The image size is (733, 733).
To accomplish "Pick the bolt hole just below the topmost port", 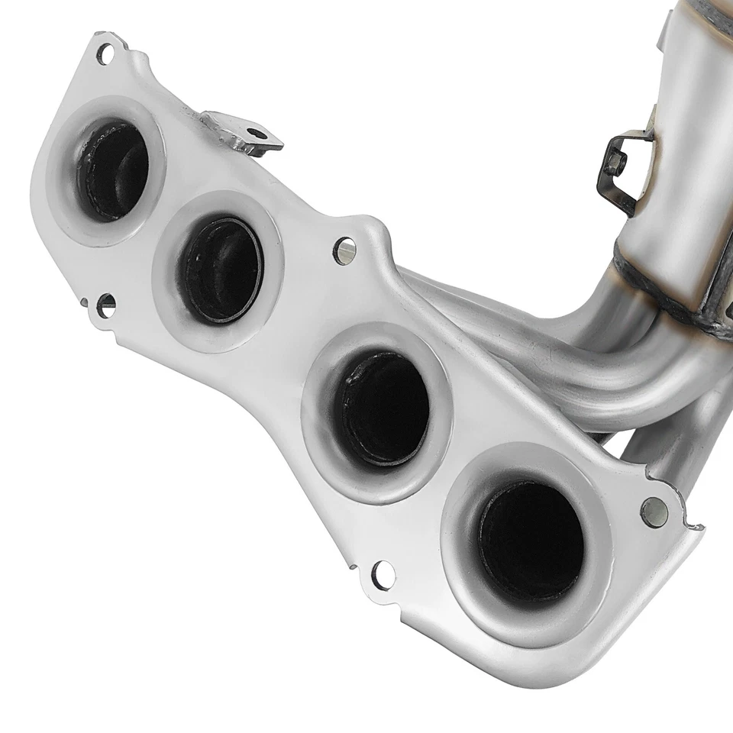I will pos(106,304).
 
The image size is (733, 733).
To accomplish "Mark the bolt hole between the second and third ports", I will pos(344,250).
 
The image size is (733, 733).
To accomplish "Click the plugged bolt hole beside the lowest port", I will pos(654,512).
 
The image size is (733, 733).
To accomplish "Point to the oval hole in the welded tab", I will pos(260,134).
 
